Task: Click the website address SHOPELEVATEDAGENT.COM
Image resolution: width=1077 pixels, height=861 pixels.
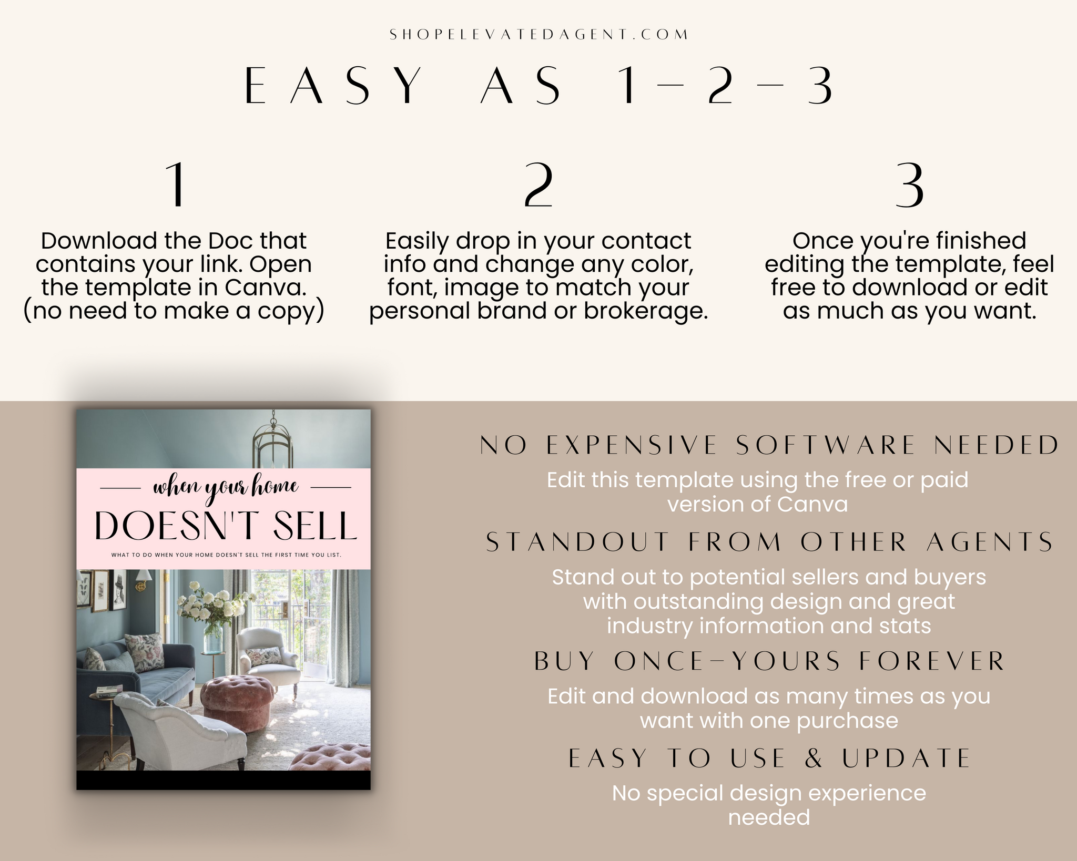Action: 538,35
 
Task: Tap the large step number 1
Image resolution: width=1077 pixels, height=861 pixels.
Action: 176,184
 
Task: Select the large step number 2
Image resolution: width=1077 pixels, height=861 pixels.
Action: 538,184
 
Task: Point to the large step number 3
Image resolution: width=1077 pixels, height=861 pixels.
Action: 910,184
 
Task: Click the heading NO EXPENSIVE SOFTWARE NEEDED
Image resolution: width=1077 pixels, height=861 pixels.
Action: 769,445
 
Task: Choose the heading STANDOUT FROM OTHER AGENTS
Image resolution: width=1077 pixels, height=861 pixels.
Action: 769,542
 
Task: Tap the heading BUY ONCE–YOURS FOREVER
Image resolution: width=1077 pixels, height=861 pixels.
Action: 769,661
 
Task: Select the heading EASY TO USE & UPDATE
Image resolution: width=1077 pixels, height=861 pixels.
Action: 769,758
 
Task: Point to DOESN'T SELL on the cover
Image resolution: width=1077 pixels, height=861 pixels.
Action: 226,526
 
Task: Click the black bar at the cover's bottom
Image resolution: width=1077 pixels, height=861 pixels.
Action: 223,780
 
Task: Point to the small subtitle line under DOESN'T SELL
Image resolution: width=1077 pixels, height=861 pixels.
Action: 226,555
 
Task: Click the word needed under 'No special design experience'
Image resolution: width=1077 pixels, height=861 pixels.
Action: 769,817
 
